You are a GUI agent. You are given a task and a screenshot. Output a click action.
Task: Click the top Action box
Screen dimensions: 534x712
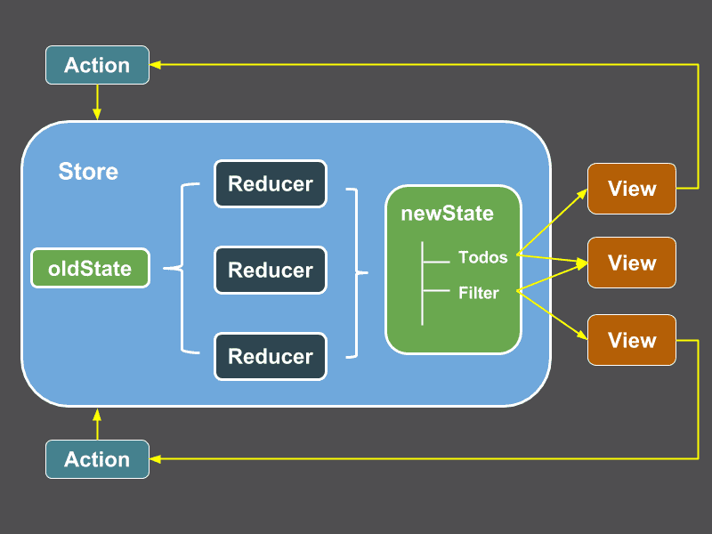pyautogui.click(x=97, y=65)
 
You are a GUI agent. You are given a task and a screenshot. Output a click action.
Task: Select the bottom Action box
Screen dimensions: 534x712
pyautogui.click(x=97, y=459)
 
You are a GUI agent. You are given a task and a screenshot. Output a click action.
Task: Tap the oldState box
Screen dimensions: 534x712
pyautogui.click(x=90, y=268)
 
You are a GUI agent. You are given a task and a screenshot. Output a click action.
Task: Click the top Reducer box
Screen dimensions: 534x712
pyautogui.click(x=271, y=184)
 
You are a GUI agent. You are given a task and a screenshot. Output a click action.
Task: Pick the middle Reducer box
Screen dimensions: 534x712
pyautogui.click(x=271, y=270)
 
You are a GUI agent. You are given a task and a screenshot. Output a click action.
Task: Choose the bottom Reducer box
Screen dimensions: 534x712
pyautogui.click(x=271, y=356)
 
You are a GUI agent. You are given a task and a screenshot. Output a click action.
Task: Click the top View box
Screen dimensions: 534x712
pyautogui.click(x=632, y=189)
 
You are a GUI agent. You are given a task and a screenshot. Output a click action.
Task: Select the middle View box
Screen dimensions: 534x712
pyautogui.click(x=632, y=263)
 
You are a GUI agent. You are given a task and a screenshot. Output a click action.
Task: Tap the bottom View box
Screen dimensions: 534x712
pyautogui.click(x=632, y=340)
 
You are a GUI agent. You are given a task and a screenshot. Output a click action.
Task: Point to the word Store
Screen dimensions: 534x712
pyautogui.click(x=88, y=171)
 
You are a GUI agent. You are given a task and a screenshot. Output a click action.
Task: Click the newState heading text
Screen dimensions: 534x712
pyautogui.click(x=447, y=214)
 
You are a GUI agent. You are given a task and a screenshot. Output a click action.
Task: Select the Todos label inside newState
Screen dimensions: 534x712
pyautogui.click(x=482, y=257)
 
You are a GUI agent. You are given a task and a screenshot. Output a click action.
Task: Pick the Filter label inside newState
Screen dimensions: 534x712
pyautogui.click(x=478, y=292)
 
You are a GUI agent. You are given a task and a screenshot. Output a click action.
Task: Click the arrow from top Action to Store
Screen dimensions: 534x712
pyautogui.click(x=97, y=101)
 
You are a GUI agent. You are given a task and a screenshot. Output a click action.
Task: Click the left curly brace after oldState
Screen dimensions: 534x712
pyautogui.click(x=181, y=268)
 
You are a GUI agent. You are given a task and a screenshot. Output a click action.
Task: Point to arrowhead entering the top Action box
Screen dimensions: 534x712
pyautogui.click(x=156, y=64)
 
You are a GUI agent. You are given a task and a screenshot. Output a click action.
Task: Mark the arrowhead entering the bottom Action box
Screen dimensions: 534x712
pyautogui.click(x=156, y=459)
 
